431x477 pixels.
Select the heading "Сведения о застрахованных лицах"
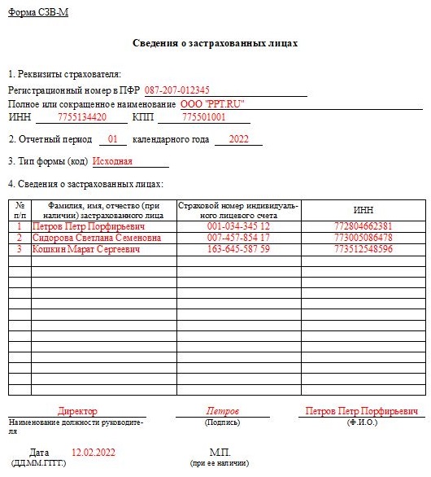tap(215, 42)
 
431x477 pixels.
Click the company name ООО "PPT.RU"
tap(211, 104)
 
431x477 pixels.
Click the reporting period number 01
tap(112, 139)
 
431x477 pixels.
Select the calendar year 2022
tap(238, 139)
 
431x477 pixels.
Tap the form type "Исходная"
tap(112, 161)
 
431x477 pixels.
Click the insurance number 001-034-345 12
tap(238, 225)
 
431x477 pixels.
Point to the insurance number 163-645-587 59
tap(238, 249)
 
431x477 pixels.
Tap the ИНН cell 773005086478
tap(363, 238)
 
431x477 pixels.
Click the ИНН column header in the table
tap(363, 209)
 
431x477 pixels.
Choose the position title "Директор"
tap(77, 412)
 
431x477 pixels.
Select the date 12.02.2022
tap(94, 452)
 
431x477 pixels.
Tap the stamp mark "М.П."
tap(220, 452)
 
